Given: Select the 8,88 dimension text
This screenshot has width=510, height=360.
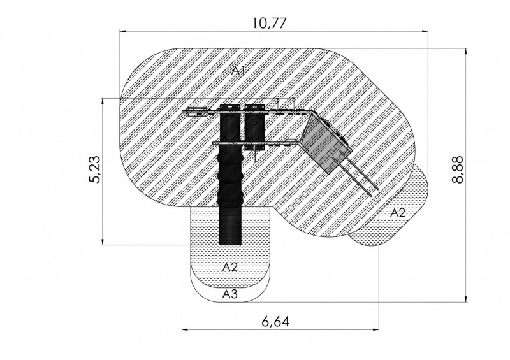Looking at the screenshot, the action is click(x=458, y=170).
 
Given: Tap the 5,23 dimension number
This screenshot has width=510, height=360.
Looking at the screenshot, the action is click(x=95, y=169).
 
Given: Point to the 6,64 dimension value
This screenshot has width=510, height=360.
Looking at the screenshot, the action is click(x=275, y=322).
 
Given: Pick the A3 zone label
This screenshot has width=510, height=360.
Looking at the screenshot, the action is click(x=230, y=294).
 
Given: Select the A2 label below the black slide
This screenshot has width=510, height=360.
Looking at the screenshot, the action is click(x=230, y=268).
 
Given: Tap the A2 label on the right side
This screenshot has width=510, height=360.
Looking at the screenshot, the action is click(x=397, y=213).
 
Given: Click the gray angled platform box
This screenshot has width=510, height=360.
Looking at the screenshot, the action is click(x=325, y=143).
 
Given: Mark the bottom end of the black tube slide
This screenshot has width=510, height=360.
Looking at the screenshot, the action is click(x=230, y=244).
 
